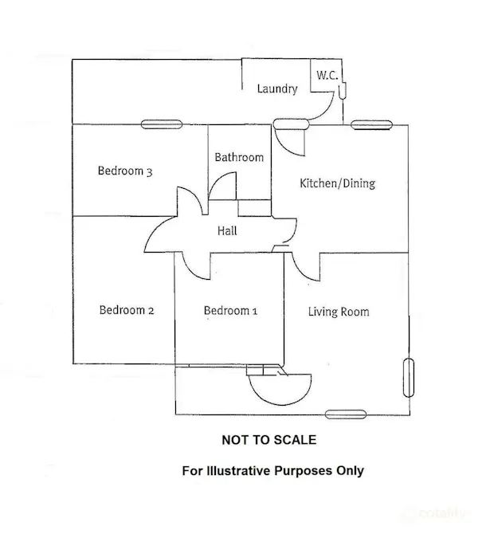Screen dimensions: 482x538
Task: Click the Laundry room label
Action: [277, 88]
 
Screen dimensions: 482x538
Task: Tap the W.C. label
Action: [327, 75]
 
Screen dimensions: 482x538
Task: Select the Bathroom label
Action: [239, 157]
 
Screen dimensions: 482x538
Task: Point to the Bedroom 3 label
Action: [125, 171]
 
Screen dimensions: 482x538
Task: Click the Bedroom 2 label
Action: [127, 310]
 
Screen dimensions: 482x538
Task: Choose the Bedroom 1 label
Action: [230, 311]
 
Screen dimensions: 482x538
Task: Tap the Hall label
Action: [227, 230]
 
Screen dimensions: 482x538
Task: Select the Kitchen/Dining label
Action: [338, 183]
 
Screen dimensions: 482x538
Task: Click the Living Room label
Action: [339, 312]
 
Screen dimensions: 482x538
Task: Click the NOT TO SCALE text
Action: [269, 440]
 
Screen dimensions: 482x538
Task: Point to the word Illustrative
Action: [238, 470]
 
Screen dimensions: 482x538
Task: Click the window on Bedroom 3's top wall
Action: [162, 124]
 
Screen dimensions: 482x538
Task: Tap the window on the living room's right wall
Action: [409, 378]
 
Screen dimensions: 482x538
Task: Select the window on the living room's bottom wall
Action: [346, 414]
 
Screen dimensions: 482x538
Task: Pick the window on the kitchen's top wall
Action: [371, 125]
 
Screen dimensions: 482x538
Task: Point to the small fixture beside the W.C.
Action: [342, 91]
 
